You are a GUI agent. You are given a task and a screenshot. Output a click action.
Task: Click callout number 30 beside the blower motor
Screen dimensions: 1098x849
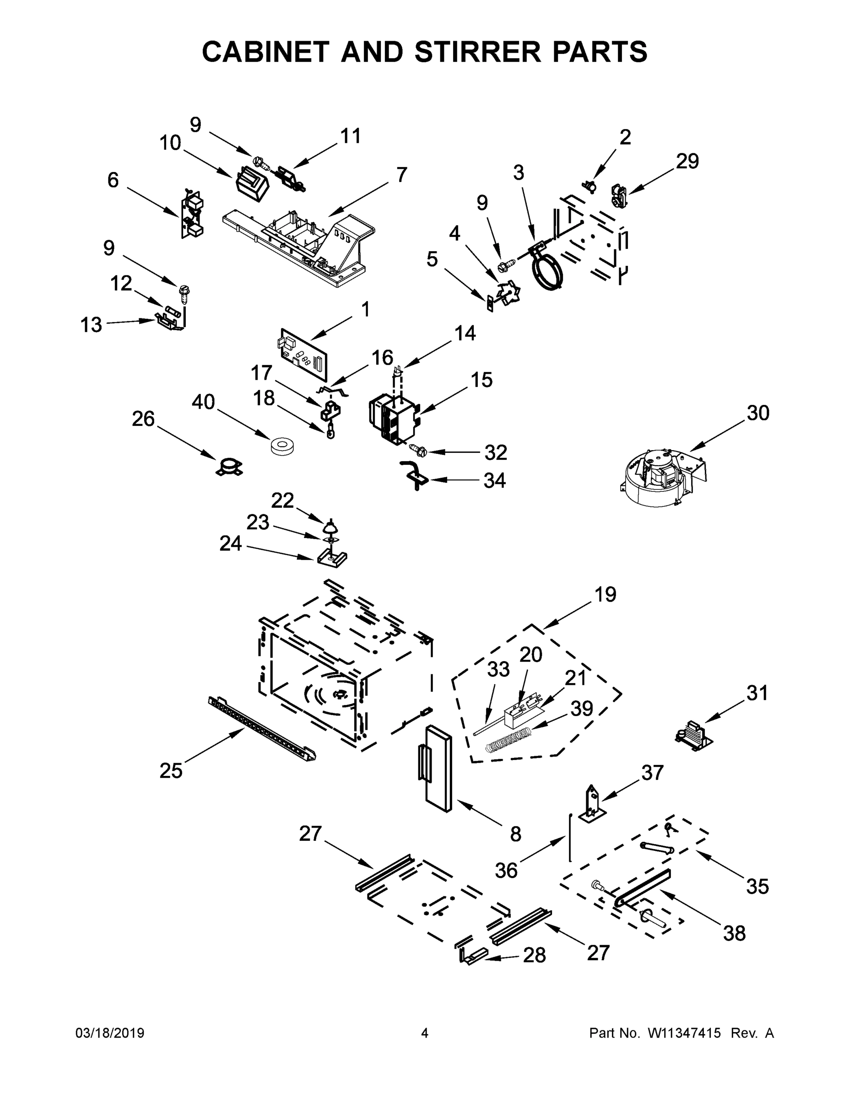point(757,413)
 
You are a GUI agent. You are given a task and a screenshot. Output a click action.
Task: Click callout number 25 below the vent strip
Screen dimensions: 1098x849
point(171,771)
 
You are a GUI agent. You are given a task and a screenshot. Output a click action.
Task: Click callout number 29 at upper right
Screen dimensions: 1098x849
point(687,161)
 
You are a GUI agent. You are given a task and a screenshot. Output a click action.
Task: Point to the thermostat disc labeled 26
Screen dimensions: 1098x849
point(229,467)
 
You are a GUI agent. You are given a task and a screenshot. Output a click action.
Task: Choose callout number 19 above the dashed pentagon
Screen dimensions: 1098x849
point(606,594)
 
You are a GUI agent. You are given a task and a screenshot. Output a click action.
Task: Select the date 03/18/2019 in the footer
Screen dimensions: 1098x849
point(110,1033)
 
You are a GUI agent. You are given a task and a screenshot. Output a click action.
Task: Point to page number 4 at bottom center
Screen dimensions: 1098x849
point(425,1033)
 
